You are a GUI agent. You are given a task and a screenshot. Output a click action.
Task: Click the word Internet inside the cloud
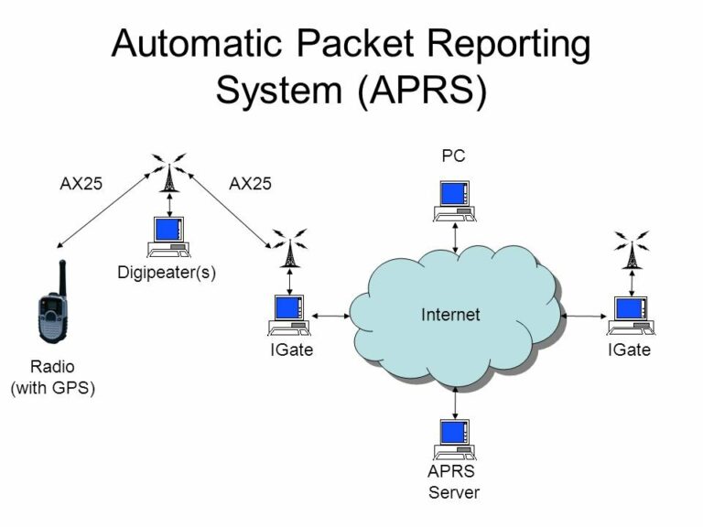pos(450,315)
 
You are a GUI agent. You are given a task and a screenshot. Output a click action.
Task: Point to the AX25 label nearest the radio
pos(81,183)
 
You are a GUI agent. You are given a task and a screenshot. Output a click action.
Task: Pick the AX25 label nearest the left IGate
pos(250,183)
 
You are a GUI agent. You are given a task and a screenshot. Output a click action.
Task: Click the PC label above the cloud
pos(453,156)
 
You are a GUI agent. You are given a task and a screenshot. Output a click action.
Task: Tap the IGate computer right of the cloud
pos(630,315)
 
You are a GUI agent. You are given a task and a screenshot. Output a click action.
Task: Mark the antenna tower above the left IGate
pos(290,249)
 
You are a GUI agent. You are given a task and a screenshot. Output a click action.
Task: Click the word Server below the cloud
pos(454,492)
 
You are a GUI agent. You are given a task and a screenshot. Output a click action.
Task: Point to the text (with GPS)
pos(53,387)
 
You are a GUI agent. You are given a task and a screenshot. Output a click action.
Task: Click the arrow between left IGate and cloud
pos(330,315)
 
